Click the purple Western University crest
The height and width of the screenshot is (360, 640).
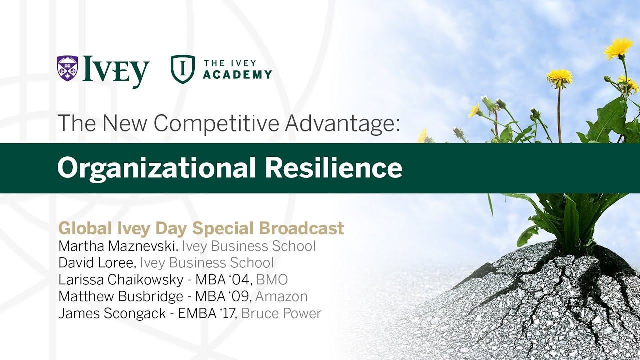pos(67,68)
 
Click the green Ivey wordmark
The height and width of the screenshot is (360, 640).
pos(116,71)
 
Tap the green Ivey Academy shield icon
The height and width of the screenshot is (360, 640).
pos(182,69)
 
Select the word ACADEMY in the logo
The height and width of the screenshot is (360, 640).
pos(237,75)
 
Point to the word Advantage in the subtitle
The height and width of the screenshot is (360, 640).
pos(342,123)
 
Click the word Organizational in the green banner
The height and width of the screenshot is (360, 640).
pos(156,168)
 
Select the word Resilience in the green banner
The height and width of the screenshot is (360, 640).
pos(333,168)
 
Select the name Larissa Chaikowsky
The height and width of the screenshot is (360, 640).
pos(123,280)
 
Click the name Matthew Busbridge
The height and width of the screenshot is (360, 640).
pos(121,296)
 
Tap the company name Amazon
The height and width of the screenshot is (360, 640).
pos(281,296)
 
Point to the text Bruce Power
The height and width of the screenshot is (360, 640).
pos(281,313)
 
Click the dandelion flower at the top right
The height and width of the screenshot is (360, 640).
pos(618,48)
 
